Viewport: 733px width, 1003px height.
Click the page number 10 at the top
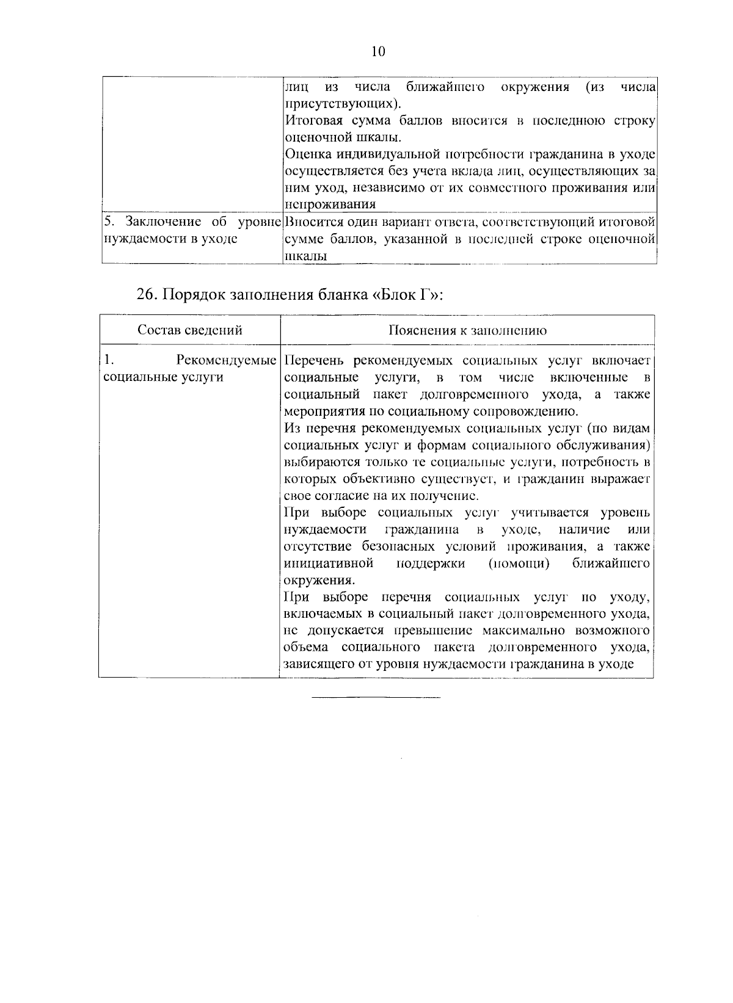click(x=378, y=51)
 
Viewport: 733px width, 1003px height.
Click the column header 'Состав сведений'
click(x=190, y=330)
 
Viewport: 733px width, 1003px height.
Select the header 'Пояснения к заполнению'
click(x=467, y=330)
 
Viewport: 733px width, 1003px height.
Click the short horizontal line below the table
click(x=376, y=697)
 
